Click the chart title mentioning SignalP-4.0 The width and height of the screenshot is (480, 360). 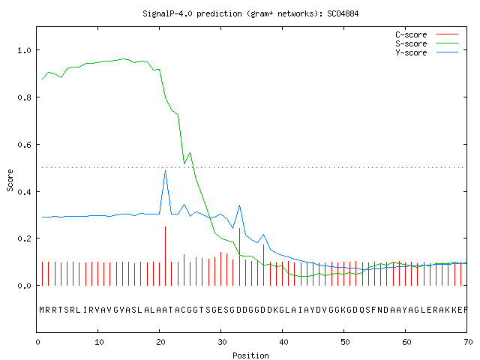(x=250, y=13)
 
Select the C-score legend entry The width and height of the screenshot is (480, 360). (x=427, y=34)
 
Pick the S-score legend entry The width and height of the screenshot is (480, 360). (x=427, y=43)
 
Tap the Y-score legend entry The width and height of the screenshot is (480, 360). (x=427, y=52)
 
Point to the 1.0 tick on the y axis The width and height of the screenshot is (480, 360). (x=25, y=50)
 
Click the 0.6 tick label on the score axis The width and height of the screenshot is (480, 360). (x=25, y=145)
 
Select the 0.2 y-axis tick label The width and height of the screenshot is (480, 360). (x=25, y=238)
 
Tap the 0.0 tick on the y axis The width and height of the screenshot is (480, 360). (x=25, y=286)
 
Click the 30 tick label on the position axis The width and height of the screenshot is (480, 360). (x=222, y=342)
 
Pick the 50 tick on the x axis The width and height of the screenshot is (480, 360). (x=345, y=342)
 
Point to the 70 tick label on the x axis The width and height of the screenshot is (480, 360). (x=468, y=342)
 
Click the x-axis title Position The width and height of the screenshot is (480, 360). (x=250, y=355)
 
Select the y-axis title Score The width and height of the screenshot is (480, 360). (x=10, y=180)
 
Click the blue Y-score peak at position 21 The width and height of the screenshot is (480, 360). (x=166, y=171)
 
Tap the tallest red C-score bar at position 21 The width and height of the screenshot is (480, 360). (x=166, y=256)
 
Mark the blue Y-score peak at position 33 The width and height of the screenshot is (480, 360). (x=239, y=205)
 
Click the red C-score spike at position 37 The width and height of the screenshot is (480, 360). (x=263, y=265)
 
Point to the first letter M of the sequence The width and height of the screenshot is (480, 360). (x=42, y=310)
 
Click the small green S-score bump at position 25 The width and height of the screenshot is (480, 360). (x=190, y=153)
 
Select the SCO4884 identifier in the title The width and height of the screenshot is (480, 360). (x=343, y=13)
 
